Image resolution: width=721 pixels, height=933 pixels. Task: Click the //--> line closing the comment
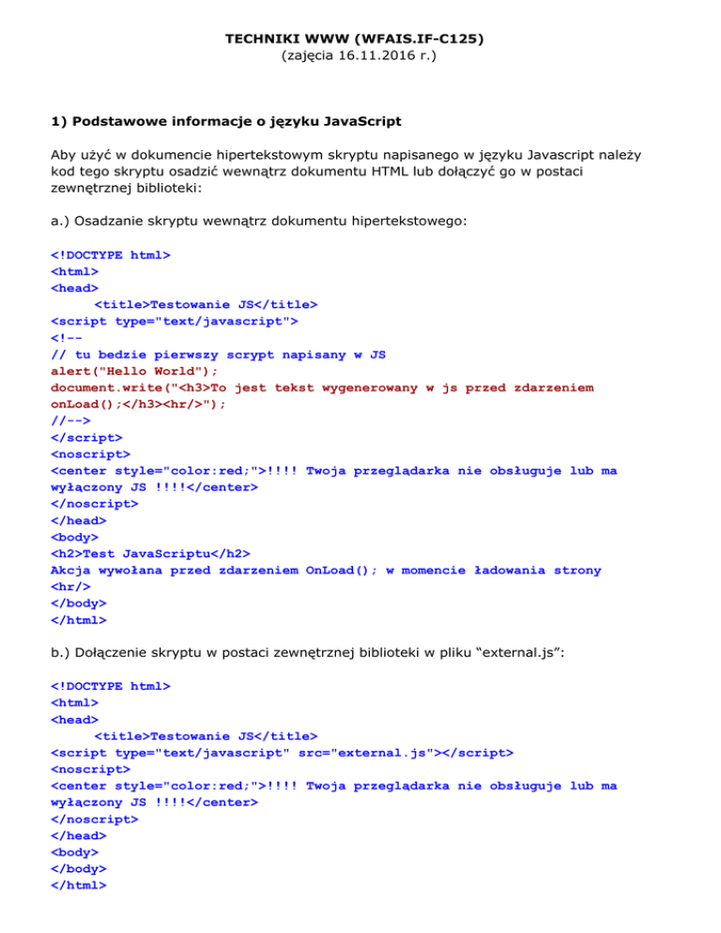click(70, 420)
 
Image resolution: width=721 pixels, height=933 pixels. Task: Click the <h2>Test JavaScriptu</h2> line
click(150, 554)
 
